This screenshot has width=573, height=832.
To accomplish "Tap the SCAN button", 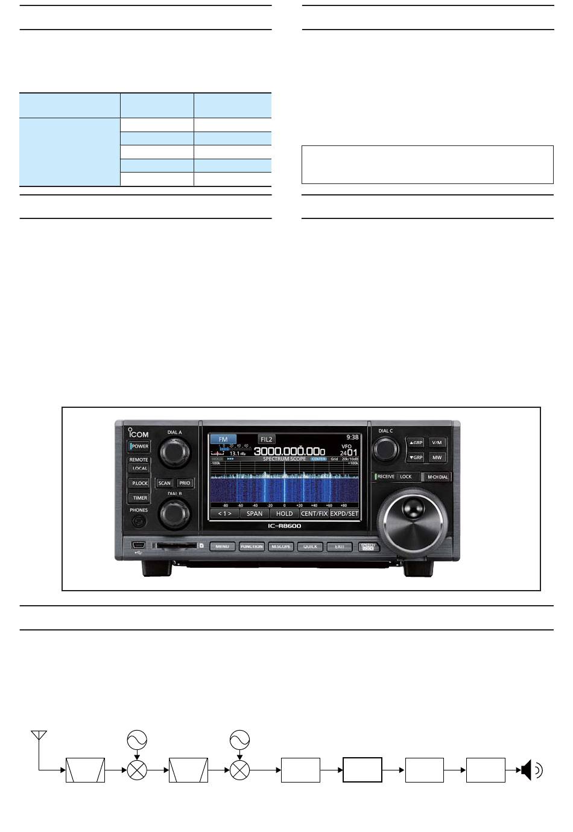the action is click(165, 483).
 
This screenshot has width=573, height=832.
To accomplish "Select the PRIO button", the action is click(185, 483).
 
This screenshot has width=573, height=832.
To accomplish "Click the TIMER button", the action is click(140, 498).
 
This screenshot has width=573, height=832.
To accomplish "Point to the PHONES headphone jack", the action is click(139, 521).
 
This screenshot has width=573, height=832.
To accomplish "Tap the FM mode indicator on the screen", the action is click(223, 439).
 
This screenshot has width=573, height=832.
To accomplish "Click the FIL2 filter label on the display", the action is click(267, 439).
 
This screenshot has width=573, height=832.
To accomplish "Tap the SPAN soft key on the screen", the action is click(255, 513).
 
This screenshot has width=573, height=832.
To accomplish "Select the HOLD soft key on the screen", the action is click(284, 513).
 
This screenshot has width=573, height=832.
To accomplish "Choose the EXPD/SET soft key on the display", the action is click(344, 513).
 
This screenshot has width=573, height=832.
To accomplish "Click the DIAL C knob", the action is click(386, 449).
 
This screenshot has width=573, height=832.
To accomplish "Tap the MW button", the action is click(437, 457).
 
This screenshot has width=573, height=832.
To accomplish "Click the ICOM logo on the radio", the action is click(139, 433).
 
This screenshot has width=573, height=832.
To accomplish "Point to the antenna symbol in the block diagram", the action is click(39, 737).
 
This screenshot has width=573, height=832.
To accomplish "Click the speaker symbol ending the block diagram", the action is click(532, 770).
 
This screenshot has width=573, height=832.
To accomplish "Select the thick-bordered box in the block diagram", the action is click(362, 770).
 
